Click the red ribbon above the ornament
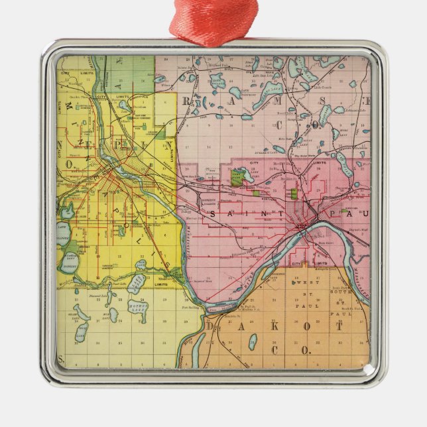(213, 23)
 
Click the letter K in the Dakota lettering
(279, 328)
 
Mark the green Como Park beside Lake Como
(236, 178)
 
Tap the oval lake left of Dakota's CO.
(253, 341)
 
